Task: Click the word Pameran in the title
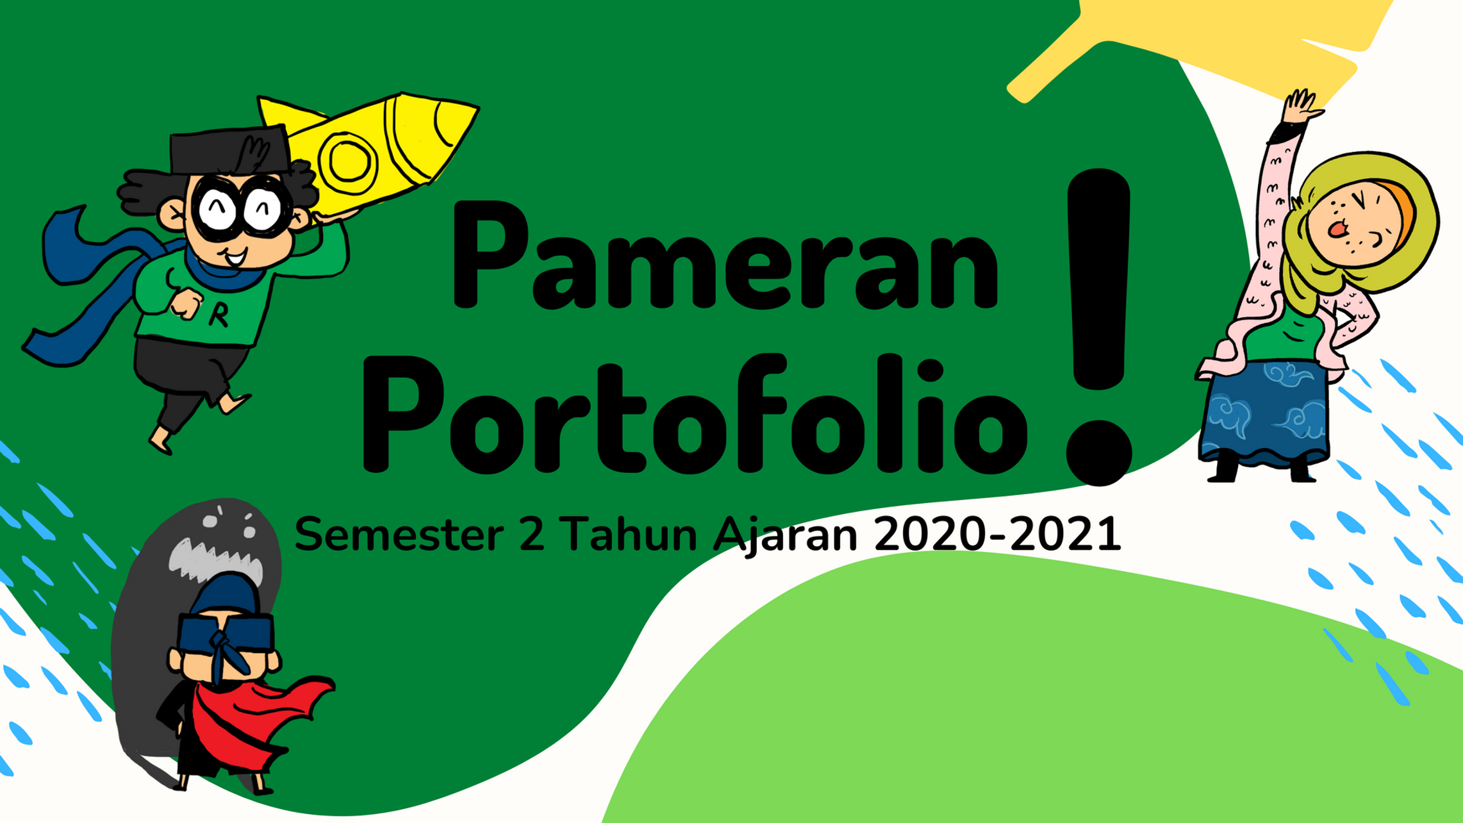point(724,256)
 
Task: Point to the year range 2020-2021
point(997,535)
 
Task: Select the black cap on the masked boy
point(227,151)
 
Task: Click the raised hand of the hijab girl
point(1301,106)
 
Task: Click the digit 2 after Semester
point(531,535)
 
